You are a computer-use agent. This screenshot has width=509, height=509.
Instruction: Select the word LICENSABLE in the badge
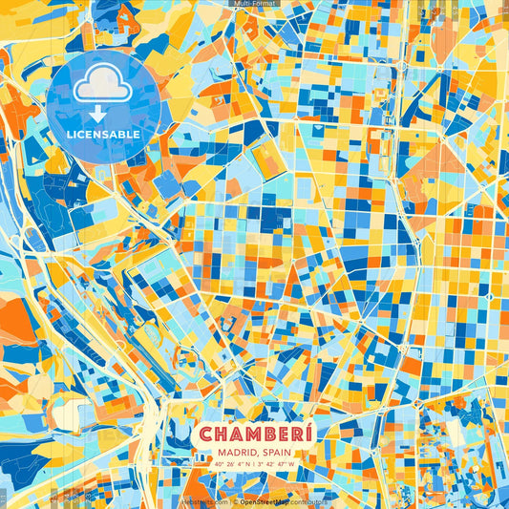pos(104,135)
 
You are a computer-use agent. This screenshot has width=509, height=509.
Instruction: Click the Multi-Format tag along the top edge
pos(255,4)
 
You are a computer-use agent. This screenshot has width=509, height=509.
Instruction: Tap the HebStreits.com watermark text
pos(205,500)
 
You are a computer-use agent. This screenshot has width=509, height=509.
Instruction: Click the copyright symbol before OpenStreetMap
pos(235,500)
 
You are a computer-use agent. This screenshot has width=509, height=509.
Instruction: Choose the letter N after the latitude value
pos(247,465)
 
